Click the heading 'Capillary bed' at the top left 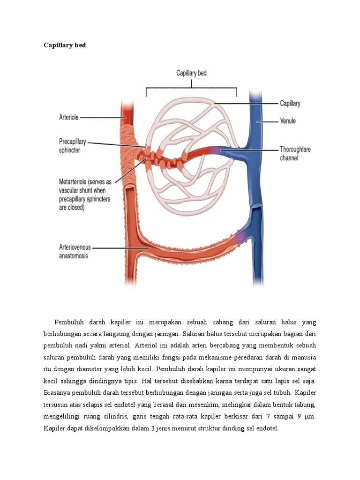(65, 45)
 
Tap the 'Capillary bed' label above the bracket (191, 73)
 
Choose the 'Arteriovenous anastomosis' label (75, 251)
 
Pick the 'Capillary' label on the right (290, 104)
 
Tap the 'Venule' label (288, 121)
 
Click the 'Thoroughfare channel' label (295, 154)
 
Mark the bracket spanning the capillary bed (191, 88)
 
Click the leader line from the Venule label (268, 121)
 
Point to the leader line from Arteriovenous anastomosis (120, 247)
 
